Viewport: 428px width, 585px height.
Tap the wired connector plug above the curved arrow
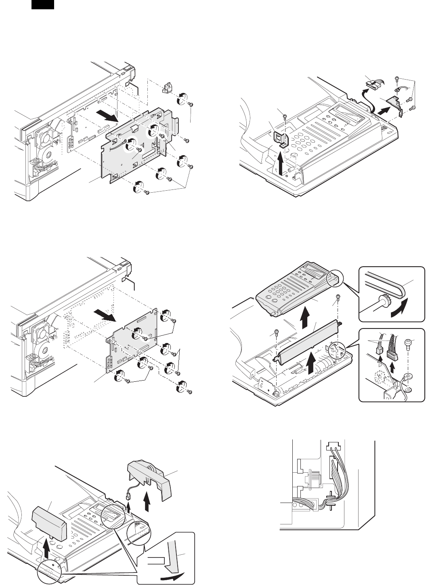click(x=373, y=85)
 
